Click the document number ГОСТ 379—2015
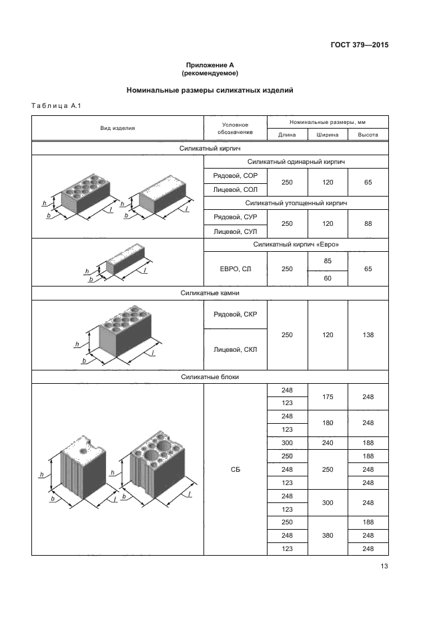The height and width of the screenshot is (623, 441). pyautogui.click(x=360, y=45)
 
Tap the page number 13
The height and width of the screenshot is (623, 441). pyautogui.click(x=384, y=566)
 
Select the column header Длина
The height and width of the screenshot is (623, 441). pyautogui.click(x=287, y=135)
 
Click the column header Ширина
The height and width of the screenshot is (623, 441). pyautogui.click(x=328, y=135)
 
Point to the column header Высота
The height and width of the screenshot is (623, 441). pyautogui.click(x=368, y=135)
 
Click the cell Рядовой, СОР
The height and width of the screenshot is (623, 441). pyautogui.click(x=236, y=176)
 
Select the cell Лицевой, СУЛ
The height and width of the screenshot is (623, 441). pyautogui.click(x=236, y=231)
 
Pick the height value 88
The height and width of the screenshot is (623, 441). pyautogui.click(x=368, y=224)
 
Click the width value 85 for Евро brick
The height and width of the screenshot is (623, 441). pyautogui.click(x=328, y=261)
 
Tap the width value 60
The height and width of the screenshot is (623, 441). pyautogui.click(x=328, y=278)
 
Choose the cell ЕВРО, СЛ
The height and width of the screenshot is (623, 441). pyautogui.click(x=236, y=269)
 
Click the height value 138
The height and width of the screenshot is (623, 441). pyautogui.click(x=368, y=335)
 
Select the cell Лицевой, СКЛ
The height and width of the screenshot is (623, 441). pyautogui.click(x=236, y=350)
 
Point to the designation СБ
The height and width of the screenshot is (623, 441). pyautogui.click(x=236, y=470)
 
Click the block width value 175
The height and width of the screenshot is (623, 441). pyautogui.click(x=328, y=397)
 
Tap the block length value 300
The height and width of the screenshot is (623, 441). pyautogui.click(x=287, y=443)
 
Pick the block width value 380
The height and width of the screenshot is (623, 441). pyautogui.click(x=328, y=536)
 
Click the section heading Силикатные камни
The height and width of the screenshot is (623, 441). pyautogui.click(x=210, y=293)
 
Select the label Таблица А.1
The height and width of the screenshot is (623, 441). pyautogui.click(x=56, y=106)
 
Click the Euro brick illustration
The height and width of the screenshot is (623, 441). pyautogui.click(x=119, y=263)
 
